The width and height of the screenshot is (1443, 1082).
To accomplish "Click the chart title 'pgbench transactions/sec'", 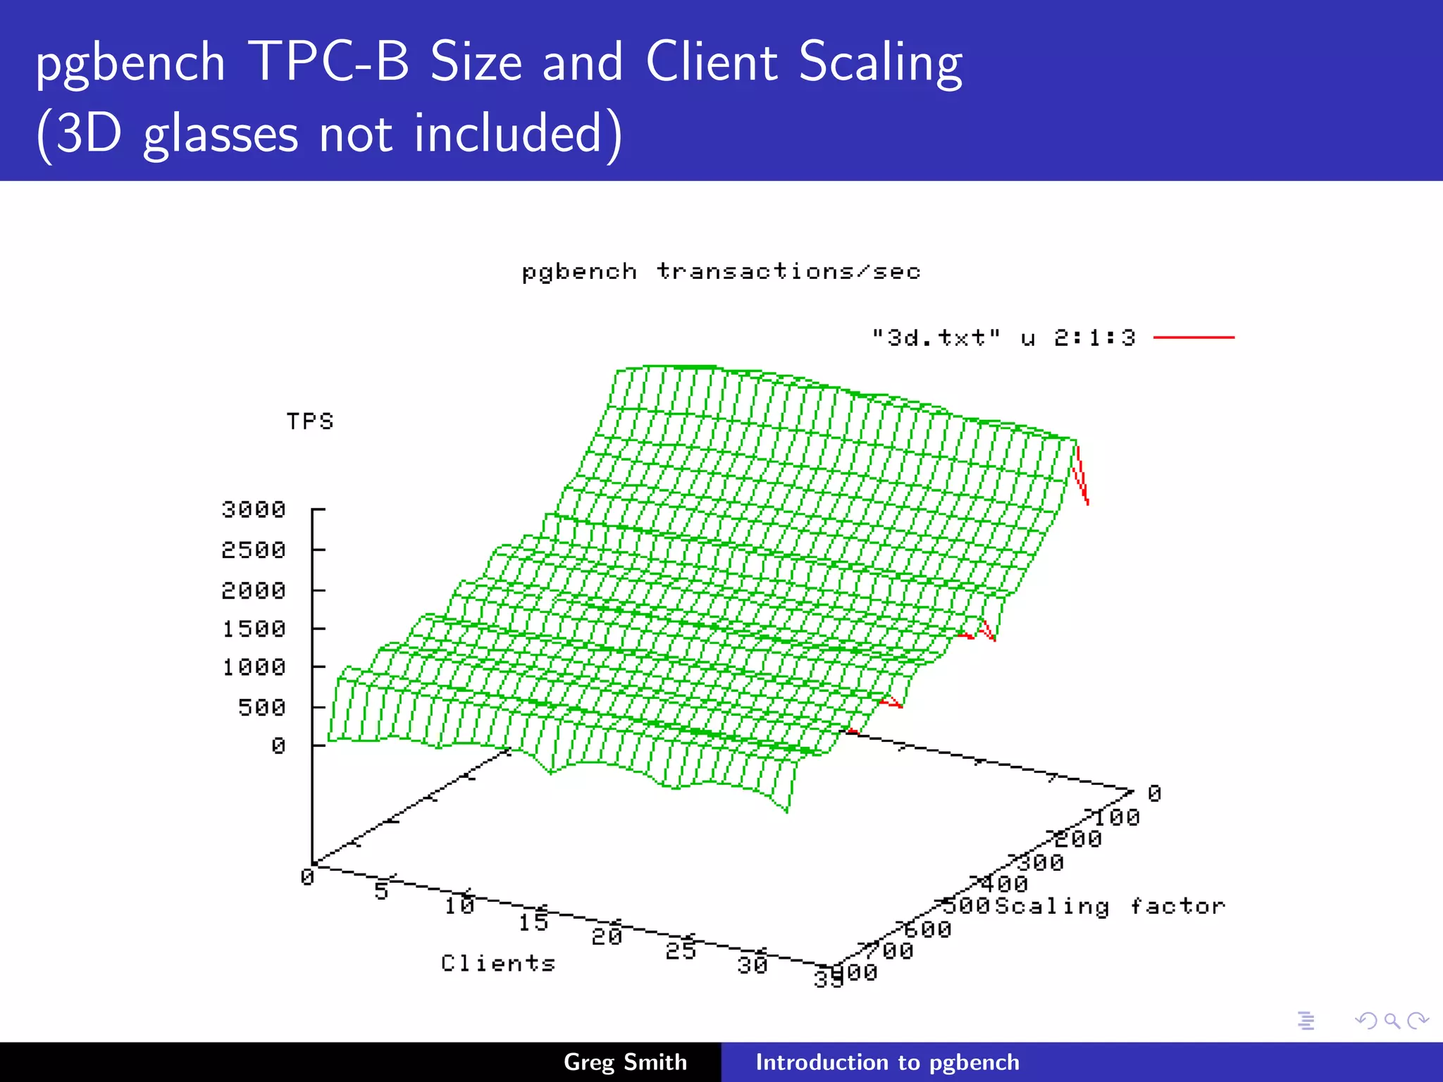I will (721, 272).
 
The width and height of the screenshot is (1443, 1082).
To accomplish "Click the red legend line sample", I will (1194, 338).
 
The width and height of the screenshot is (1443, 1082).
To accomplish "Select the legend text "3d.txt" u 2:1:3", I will (1003, 338).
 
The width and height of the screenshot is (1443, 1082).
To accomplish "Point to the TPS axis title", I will (310, 421).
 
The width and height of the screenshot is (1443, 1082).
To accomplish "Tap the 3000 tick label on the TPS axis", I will (254, 509).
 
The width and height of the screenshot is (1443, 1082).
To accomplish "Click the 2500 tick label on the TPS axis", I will (254, 549).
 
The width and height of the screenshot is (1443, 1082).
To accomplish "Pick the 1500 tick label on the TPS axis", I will (254, 628).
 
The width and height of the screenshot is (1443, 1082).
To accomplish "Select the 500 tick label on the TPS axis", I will (261, 707).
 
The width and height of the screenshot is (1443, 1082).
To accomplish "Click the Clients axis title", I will (498, 963).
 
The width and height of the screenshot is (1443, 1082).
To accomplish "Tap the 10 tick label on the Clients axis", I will (459, 905).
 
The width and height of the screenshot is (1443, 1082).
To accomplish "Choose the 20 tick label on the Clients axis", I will (607, 936).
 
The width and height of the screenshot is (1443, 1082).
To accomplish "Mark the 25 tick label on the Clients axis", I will (681, 951).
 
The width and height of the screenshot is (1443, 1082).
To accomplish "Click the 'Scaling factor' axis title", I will (1110, 906).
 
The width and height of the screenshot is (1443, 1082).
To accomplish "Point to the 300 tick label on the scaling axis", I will (1041, 862).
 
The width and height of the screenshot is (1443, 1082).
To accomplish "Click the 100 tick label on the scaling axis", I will (1116, 818).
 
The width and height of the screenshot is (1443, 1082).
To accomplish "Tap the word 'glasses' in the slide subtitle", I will (221, 134).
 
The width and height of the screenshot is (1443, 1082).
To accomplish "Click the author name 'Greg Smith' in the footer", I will (625, 1062).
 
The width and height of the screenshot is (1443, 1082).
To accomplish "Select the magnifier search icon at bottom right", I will (1392, 1021).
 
